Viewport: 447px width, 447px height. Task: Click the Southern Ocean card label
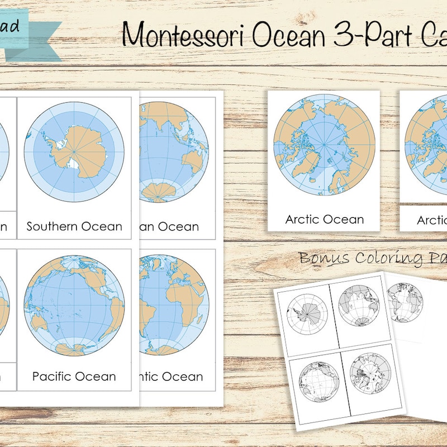(74, 226)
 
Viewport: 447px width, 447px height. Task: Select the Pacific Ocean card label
(74, 376)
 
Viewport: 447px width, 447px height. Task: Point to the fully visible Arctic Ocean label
(325, 219)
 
